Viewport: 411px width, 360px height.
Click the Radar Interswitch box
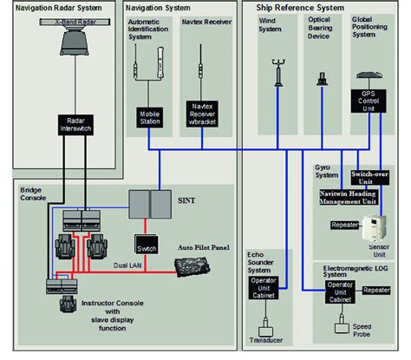tap(71, 125)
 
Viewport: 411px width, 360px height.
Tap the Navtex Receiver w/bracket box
tap(199, 116)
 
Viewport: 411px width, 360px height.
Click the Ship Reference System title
tap(298, 8)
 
